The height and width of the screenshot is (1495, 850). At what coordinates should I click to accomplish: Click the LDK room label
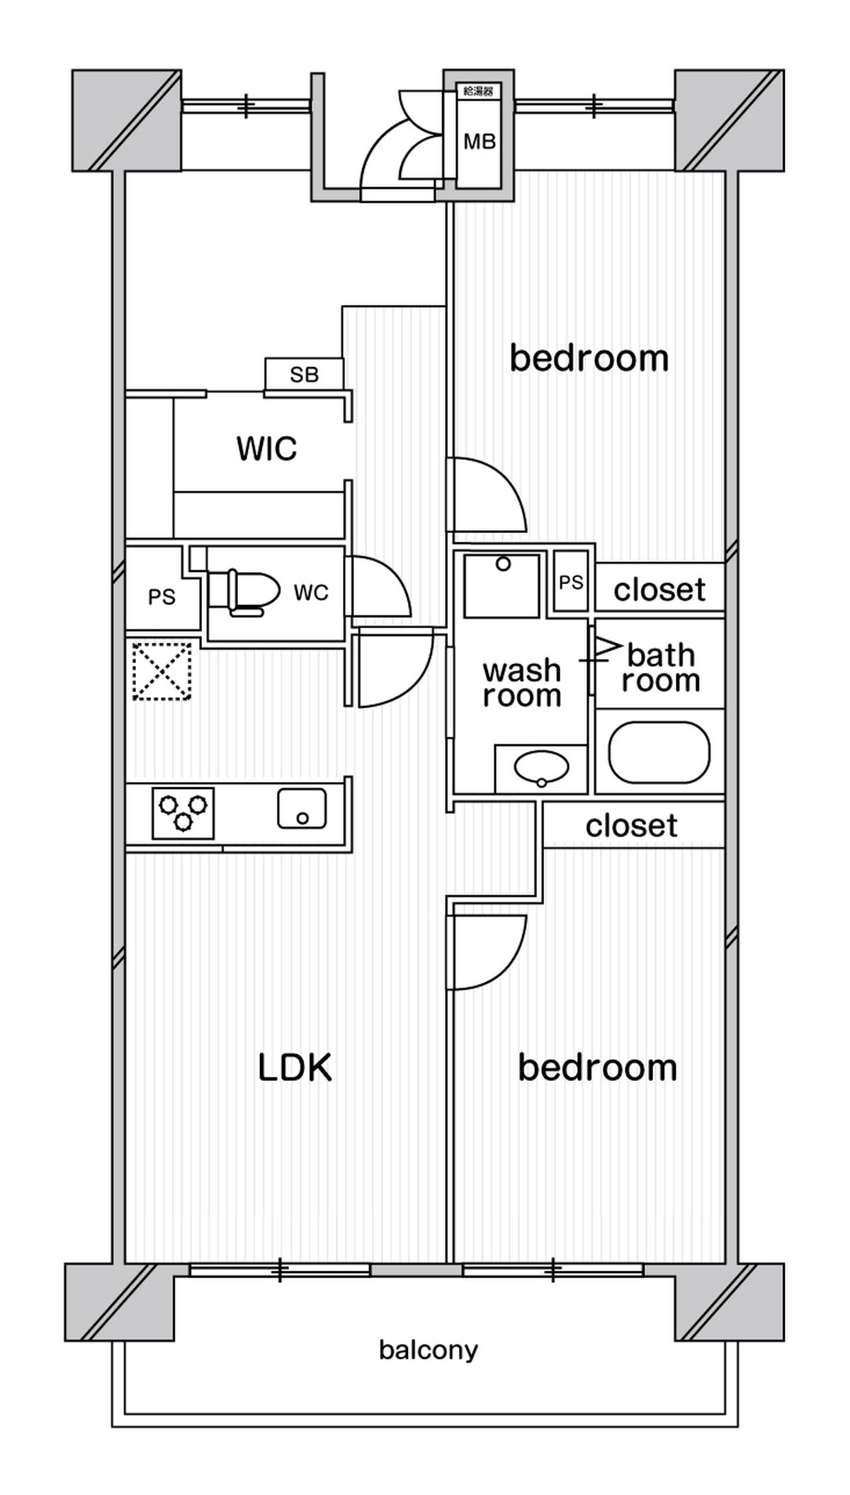pyautogui.click(x=295, y=1068)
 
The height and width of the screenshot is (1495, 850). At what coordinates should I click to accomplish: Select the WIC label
pyautogui.click(x=266, y=449)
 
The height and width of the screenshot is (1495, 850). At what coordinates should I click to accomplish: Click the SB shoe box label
pyautogui.click(x=305, y=374)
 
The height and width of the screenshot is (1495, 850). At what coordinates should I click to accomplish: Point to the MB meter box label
pyautogui.click(x=480, y=142)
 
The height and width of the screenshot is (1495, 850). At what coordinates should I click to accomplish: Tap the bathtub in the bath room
pyautogui.click(x=659, y=752)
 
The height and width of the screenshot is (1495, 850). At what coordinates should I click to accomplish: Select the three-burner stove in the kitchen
pyautogui.click(x=183, y=812)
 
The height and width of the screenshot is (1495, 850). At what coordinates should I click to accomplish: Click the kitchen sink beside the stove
pyautogui.click(x=302, y=808)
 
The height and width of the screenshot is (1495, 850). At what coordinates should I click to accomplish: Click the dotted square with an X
pyautogui.click(x=162, y=671)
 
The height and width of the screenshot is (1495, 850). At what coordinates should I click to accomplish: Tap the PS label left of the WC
pyautogui.click(x=161, y=597)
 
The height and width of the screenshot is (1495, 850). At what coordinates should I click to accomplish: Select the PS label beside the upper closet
pyautogui.click(x=571, y=582)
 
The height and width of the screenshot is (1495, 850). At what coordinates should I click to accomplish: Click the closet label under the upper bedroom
pyautogui.click(x=659, y=590)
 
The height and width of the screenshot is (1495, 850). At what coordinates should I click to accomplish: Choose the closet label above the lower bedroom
pyautogui.click(x=632, y=826)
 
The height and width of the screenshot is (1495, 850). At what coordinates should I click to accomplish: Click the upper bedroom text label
pyautogui.click(x=589, y=358)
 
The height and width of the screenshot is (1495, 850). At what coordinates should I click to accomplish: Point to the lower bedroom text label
pyautogui.click(x=597, y=1068)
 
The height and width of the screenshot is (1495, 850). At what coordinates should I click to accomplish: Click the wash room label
pyautogui.click(x=522, y=683)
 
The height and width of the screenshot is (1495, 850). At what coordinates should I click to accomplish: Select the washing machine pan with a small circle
pyautogui.click(x=502, y=586)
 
